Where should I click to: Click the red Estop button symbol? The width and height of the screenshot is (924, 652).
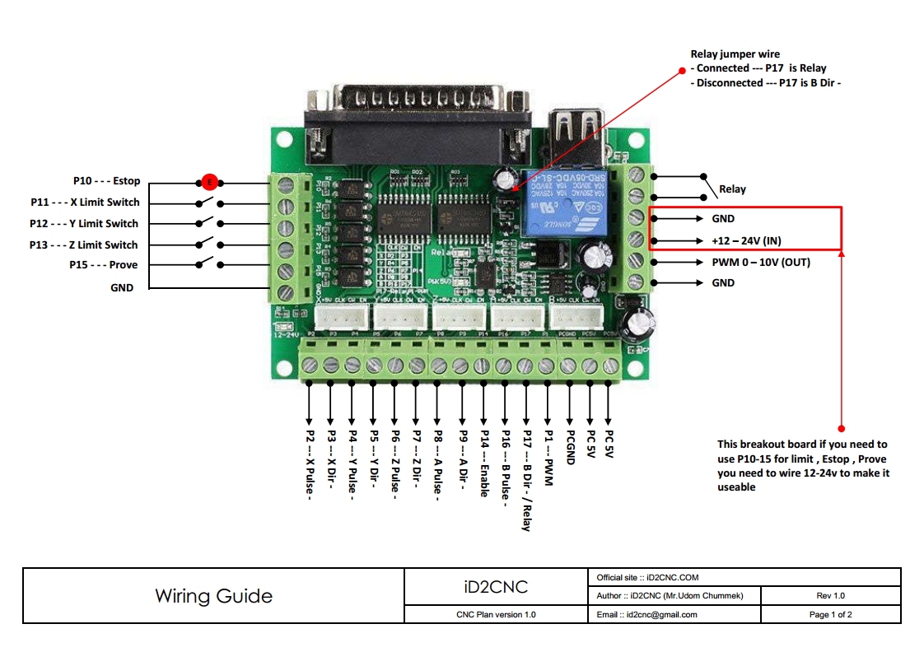point(209,181)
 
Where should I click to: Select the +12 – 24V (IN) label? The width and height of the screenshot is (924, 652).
point(747,240)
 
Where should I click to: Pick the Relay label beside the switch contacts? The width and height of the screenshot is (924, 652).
point(732,189)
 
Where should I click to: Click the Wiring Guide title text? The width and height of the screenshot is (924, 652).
point(213,596)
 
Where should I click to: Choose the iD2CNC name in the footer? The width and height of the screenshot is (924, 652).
point(496,587)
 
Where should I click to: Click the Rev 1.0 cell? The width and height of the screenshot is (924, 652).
point(831,596)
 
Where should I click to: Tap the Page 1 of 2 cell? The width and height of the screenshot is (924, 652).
point(831,614)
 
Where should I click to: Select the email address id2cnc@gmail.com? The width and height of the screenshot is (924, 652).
point(646,614)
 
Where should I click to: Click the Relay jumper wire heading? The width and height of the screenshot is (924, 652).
point(735,55)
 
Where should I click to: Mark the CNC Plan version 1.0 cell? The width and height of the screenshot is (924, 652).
point(496,614)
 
